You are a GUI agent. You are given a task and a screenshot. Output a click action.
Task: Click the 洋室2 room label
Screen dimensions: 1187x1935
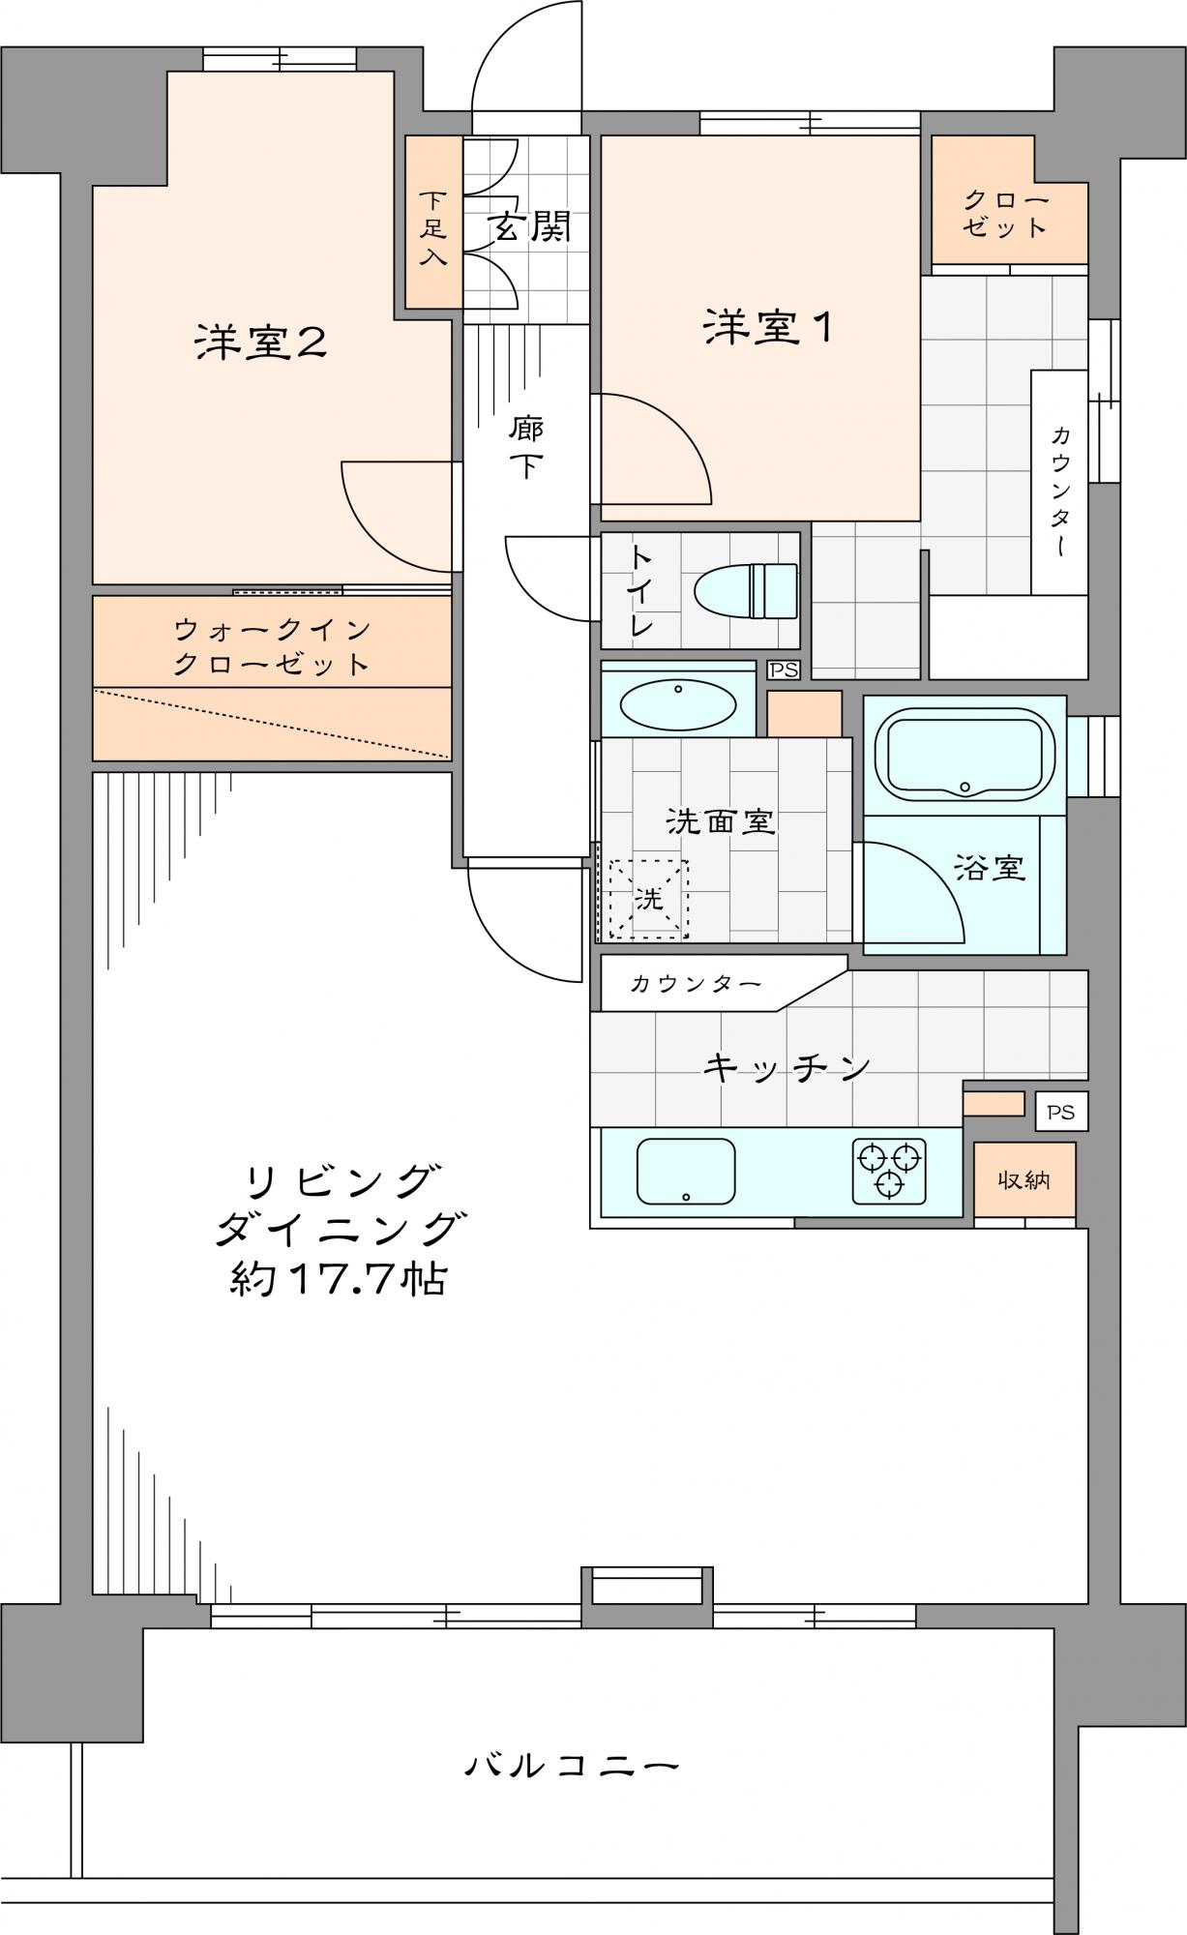[260, 342]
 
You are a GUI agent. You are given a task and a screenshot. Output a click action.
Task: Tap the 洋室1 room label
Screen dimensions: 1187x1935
[767, 327]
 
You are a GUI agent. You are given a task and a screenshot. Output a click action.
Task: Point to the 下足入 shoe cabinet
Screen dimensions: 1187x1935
[433, 223]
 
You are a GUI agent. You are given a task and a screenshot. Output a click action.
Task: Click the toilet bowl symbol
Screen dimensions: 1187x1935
[746, 590]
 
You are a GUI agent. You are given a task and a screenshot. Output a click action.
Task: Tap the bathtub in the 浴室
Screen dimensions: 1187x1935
[964, 754]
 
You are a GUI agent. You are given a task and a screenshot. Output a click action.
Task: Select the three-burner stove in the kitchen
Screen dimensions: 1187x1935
[889, 1171]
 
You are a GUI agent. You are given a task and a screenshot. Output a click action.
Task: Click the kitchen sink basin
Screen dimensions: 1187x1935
[686, 1171]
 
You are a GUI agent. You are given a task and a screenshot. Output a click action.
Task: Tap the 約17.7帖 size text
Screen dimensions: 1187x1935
[338, 1279]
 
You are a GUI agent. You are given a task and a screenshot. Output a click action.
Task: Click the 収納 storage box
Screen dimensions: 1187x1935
[1024, 1180]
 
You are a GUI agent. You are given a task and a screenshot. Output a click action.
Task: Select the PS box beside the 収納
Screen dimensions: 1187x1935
[1061, 1112]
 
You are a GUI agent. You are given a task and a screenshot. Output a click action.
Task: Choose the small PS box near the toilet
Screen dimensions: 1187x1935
[784, 670]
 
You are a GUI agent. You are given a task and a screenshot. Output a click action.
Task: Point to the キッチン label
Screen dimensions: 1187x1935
[786, 1067]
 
